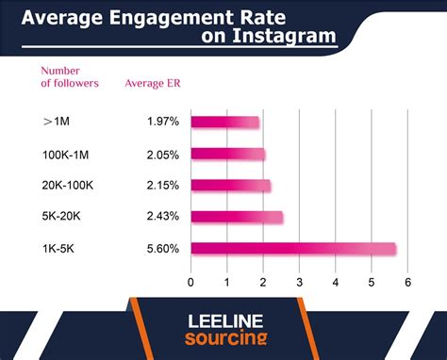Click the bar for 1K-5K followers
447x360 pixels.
click(x=292, y=249)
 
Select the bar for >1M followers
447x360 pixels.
click(x=224, y=122)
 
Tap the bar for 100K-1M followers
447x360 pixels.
click(x=227, y=154)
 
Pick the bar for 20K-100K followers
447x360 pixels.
click(x=230, y=186)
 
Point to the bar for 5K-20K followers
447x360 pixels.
click(x=236, y=218)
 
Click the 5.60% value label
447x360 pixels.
click(x=162, y=249)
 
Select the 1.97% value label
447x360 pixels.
click(x=162, y=122)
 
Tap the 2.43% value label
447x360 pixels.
click(x=162, y=218)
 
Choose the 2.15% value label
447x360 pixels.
click(x=162, y=186)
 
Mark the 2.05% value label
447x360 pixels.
click(x=162, y=154)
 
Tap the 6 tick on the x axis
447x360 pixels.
click(x=407, y=282)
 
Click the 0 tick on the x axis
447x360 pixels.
click(x=191, y=282)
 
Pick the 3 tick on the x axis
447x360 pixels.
click(x=299, y=282)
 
